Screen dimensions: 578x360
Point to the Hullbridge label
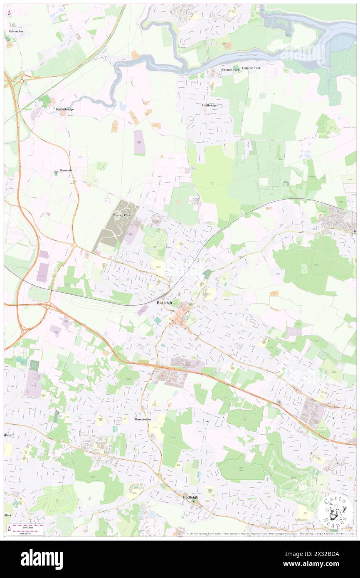coord(209,106)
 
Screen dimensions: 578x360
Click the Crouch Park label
coord(231,69)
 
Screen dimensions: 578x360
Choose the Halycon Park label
coord(252,67)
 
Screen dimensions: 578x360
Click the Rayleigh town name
coord(164,303)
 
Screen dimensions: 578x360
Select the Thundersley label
coord(143,420)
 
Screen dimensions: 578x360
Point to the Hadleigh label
coord(191,497)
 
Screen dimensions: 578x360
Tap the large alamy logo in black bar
coord(42,559)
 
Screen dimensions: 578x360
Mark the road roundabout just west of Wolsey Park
coord(74,246)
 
